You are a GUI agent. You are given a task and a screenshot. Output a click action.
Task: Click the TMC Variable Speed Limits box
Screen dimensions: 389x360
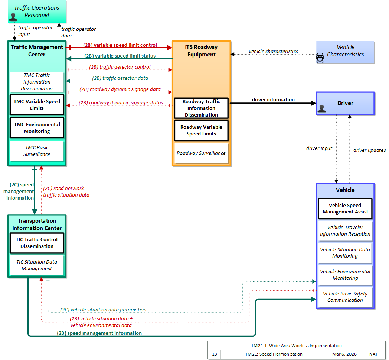pos(37,105)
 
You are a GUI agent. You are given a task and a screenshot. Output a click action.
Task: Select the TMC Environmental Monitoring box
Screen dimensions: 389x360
pos(37,128)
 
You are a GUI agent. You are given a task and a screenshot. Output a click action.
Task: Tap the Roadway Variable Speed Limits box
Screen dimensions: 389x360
pos(201,131)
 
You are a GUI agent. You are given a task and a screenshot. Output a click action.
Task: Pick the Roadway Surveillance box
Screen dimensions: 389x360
pos(201,153)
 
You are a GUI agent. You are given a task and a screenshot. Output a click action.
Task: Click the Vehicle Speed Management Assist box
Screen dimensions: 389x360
pos(345,209)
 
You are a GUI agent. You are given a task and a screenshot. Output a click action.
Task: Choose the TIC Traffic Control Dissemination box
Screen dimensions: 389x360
pos(37,243)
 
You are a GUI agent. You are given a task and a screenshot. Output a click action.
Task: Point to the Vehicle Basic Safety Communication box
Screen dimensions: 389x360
pos(345,297)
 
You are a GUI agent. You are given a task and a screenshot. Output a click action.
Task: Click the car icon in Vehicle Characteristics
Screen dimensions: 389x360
pos(320,58)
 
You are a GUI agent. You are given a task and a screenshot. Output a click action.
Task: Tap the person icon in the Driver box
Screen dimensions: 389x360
pos(322,109)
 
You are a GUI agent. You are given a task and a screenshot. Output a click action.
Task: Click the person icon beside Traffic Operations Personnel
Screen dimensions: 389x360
pos(13,17)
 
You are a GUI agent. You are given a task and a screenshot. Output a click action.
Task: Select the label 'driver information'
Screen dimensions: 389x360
pos(273,99)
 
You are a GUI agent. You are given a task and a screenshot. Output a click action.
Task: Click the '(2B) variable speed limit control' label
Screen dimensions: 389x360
pos(120,45)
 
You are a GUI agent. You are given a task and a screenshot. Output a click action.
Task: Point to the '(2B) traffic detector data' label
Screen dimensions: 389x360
pos(120,78)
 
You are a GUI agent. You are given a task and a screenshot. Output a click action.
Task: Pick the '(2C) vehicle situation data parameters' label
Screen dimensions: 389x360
pos(103,310)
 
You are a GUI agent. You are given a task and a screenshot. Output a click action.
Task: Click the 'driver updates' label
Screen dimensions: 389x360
pos(369,150)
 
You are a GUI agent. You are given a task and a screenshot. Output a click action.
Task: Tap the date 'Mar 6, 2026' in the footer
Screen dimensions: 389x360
pos(344,354)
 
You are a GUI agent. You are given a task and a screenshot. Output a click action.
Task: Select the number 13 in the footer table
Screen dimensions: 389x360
pos(214,354)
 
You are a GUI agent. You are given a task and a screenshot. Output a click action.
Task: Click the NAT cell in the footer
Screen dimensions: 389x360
pos(373,354)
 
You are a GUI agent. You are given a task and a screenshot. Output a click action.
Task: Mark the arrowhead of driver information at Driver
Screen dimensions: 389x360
pos(314,103)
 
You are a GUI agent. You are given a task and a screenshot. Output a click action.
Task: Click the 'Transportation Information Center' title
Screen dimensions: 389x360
pos(37,224)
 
